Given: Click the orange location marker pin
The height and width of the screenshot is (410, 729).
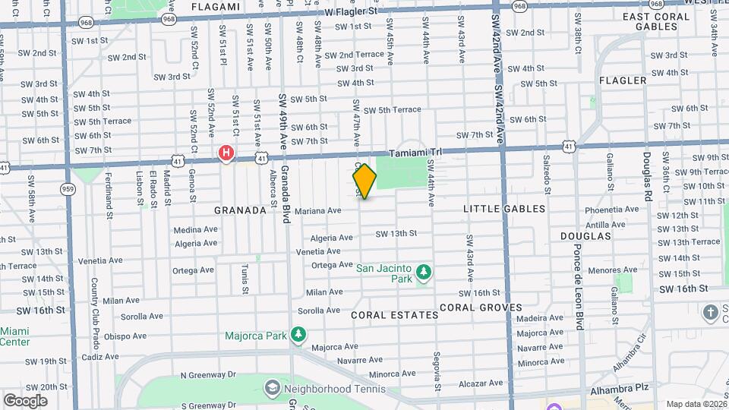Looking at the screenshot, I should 364,181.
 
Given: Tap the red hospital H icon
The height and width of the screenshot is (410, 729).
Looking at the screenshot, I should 226,153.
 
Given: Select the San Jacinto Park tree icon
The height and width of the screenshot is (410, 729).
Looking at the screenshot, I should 424,272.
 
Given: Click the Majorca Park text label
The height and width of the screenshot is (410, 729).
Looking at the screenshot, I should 255,336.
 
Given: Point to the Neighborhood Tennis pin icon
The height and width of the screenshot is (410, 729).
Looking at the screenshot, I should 272,389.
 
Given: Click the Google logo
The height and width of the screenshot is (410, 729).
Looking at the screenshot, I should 25,400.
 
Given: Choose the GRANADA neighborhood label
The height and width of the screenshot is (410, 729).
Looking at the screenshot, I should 240,210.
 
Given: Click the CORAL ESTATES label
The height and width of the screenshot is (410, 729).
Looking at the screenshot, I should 395,314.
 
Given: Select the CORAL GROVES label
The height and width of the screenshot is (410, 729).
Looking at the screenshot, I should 481,307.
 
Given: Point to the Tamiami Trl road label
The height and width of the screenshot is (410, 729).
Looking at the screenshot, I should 415,152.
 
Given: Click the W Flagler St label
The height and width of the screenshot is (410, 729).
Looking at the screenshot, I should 351,12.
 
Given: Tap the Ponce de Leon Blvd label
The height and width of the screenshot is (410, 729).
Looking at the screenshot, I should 579,282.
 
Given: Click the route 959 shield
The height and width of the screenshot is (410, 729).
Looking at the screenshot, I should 68,189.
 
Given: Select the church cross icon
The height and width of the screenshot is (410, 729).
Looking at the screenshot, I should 710,312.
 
